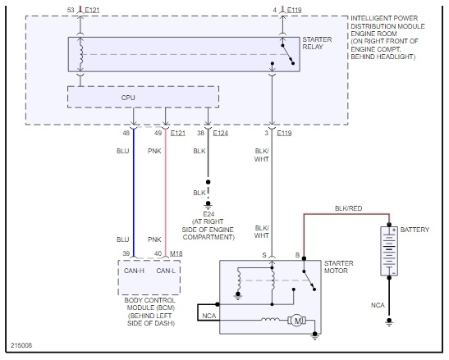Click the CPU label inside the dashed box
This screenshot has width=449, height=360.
(x=128, y=98)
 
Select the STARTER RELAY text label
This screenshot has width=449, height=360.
(x=317, y=43)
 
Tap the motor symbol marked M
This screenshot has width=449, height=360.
(x=297, y=321)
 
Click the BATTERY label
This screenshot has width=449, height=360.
(x=415, y=230)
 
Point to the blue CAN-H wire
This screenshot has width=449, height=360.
(x=134, y=194)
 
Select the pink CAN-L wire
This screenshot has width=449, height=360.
(x=166, y=194)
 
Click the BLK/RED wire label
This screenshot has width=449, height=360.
(x=349, y=208)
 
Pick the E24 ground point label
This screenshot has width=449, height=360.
(x=208, y=214)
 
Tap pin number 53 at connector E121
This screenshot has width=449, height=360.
(x=71, y=10)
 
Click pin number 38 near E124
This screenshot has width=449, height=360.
(x=201, y=133)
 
